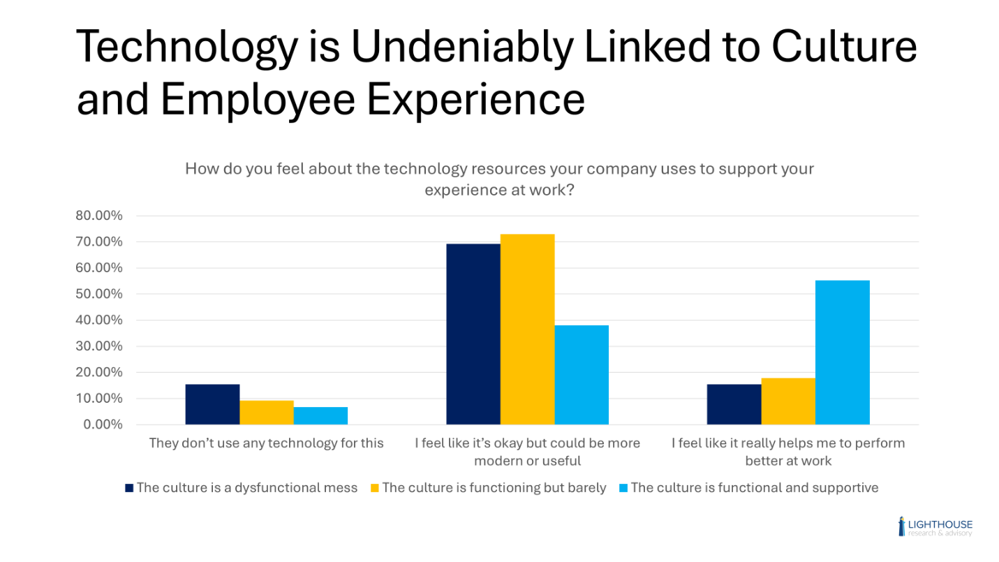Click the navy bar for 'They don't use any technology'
click(212, 404)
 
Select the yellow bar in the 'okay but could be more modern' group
click(527, 329)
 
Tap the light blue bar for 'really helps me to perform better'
click(842, 353)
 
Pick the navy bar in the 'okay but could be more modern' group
click(473, 334)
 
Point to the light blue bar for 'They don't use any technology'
click(320, 415)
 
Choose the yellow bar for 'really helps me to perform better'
click(787, 401)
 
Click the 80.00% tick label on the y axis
click(99, 216)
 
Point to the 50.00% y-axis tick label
click(99, 294)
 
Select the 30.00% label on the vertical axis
click(99, 346)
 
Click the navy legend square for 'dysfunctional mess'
click(128, 488)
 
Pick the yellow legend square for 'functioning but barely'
click(374, 488)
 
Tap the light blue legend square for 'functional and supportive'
click(623, 488)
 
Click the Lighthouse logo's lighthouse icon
click(902, 526)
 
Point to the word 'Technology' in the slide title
click(183, 48)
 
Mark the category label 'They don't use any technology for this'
click(266, 443)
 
